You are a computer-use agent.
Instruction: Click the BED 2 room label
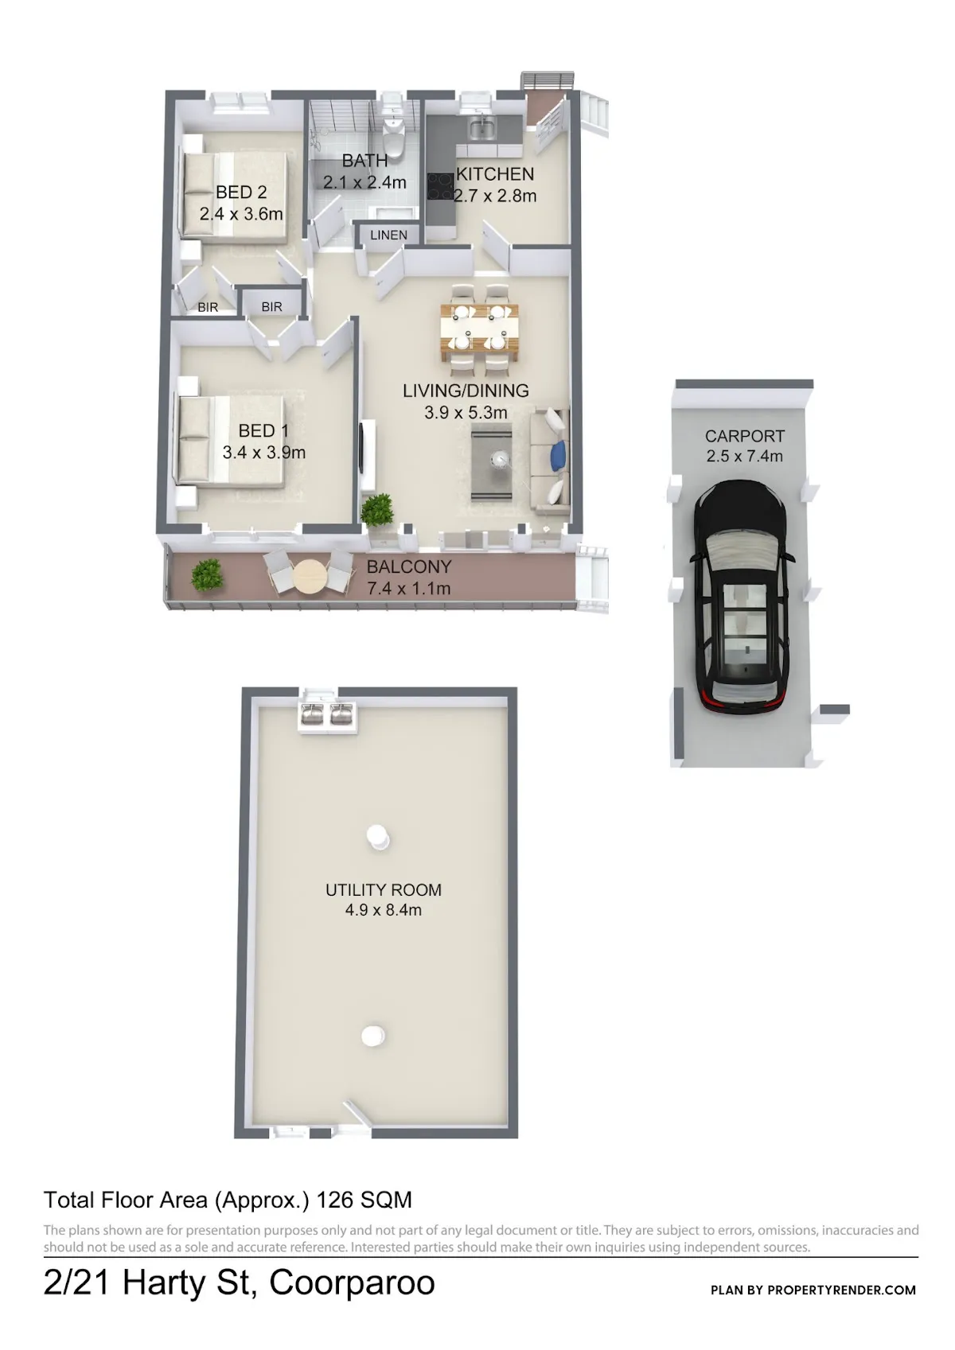point(241,193)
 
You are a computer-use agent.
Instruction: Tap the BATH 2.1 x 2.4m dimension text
point(364,182)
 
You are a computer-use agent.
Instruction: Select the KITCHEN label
point(495,174)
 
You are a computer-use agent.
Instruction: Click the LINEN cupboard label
point(388,235)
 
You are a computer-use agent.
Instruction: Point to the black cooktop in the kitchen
point(441,186)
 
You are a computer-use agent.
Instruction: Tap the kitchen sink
point(482,127)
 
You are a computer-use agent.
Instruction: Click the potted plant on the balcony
point(207,574)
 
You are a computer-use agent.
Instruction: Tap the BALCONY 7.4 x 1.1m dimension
point(409,588)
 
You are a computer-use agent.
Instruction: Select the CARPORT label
point(745,436)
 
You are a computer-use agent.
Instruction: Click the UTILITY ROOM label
point(384,890)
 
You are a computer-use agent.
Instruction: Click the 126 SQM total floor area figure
point(364,1200)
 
